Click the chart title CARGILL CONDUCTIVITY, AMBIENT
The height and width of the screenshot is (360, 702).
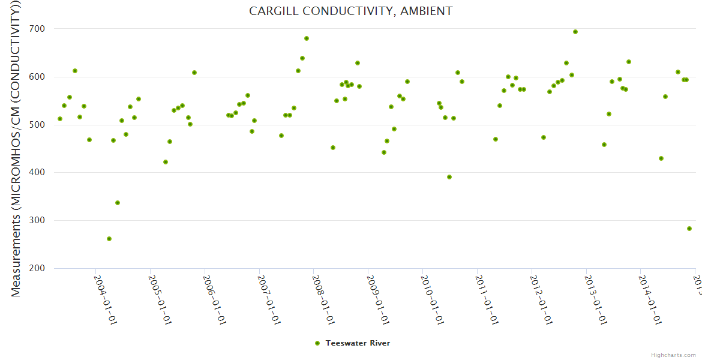(351, 11)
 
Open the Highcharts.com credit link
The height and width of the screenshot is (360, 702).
(673, 355)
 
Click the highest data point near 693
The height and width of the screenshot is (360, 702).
(575, 32)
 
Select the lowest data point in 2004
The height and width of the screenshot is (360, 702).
(109, 239)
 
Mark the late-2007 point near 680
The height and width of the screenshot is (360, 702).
(307, 38)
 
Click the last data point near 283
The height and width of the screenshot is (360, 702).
(689, 229)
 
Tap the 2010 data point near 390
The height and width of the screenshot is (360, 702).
(449, 177)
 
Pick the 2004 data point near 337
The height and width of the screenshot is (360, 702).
(118, 203)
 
